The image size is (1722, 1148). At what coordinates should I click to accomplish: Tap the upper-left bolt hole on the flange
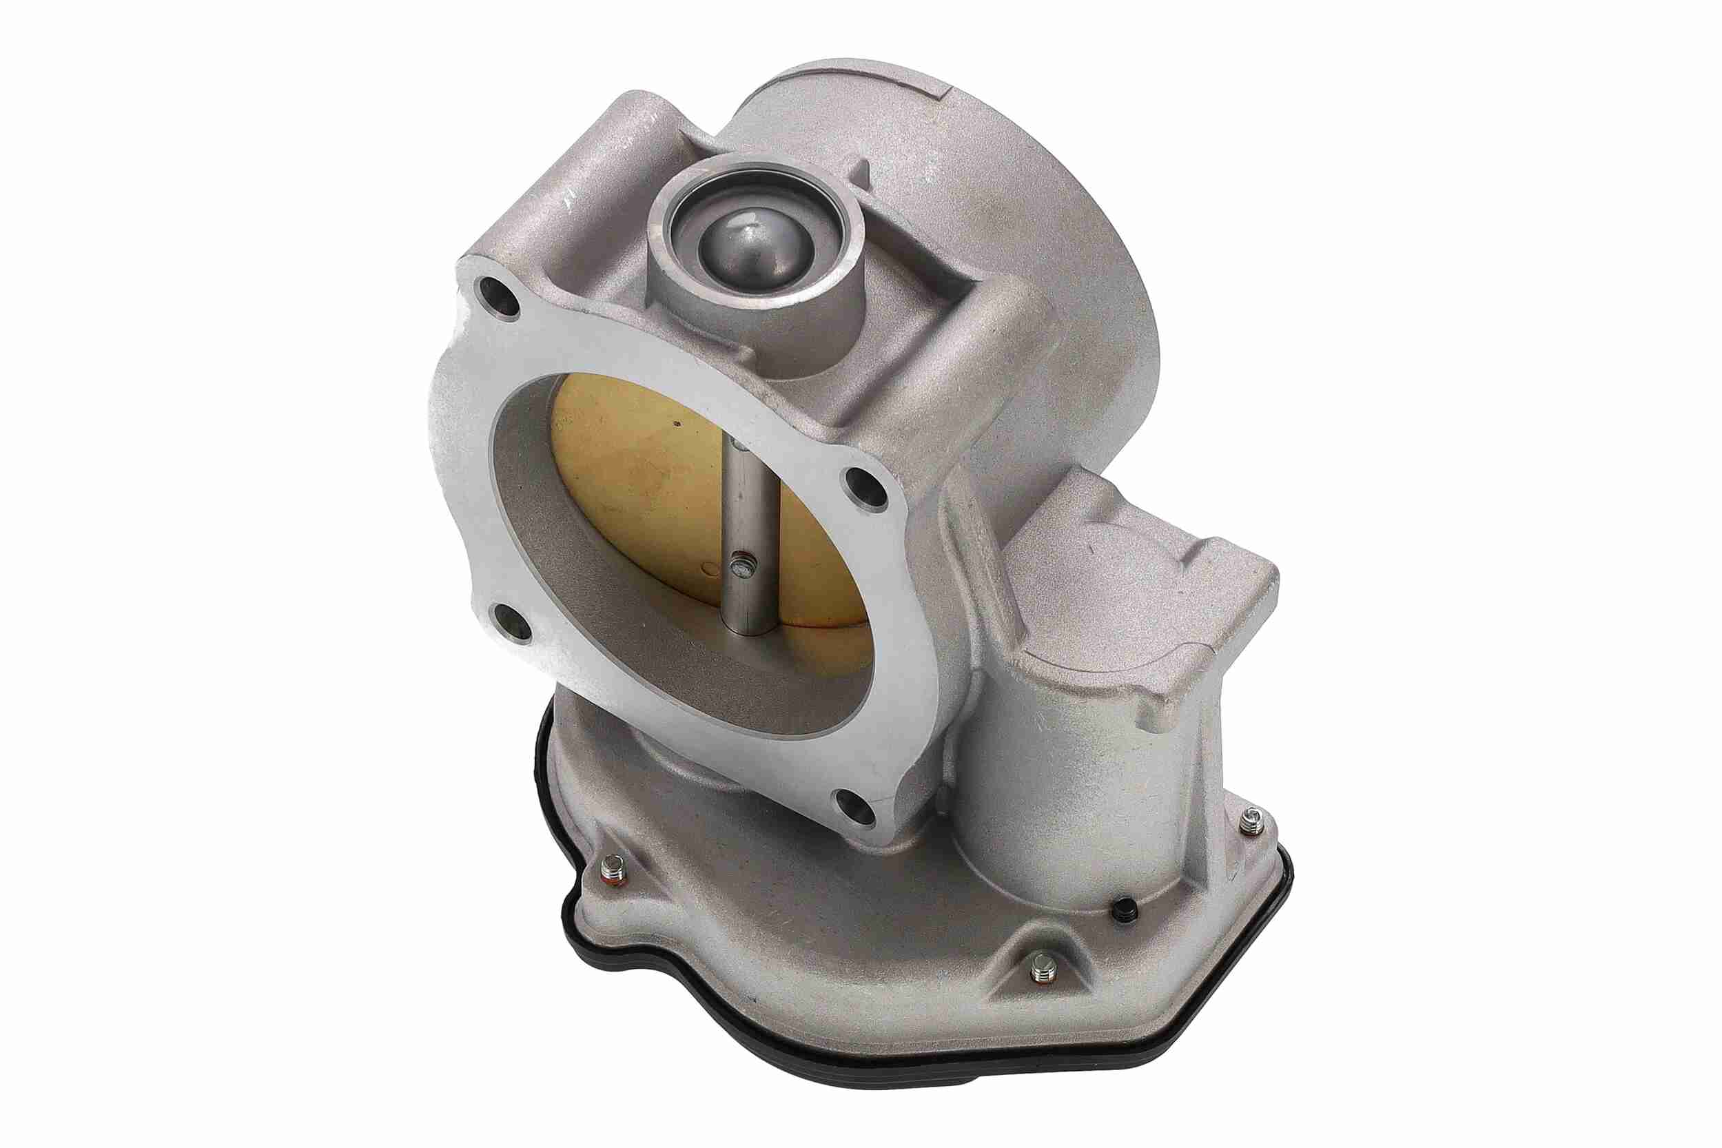498,300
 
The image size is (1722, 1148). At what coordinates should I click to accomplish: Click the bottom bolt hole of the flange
857,807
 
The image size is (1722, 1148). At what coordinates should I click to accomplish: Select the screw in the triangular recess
1042,972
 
